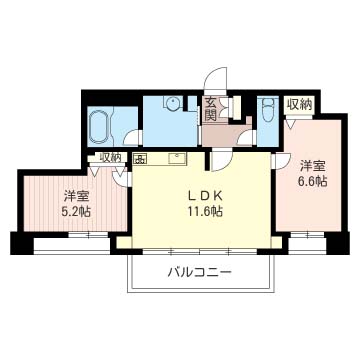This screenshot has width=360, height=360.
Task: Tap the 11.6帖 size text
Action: coord(199,210)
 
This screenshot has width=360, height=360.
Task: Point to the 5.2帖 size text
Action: coord(71,211)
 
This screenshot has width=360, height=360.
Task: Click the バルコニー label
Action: coord(200,272)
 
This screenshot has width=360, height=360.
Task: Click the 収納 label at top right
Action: coord(299,104)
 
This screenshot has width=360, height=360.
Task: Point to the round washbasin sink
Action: coord(172,103)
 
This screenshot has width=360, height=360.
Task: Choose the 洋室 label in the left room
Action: coord(71,195)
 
